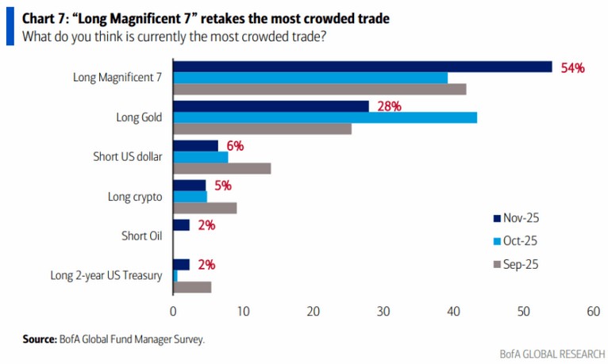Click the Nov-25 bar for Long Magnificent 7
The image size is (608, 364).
362,67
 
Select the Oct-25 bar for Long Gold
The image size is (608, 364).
325,117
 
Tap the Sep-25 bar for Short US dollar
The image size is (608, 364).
221,168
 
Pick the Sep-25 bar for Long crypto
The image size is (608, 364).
205,208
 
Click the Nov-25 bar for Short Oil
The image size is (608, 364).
181,225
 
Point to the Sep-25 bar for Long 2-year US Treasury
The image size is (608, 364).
192,287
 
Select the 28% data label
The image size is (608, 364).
388,106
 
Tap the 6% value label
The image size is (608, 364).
234,146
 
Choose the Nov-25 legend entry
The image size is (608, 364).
521,217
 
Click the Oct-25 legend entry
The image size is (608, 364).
521,240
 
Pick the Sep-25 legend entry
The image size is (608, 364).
521,264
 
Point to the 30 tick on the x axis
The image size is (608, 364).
383,312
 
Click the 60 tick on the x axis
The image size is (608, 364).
593,312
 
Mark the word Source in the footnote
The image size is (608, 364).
39,339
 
